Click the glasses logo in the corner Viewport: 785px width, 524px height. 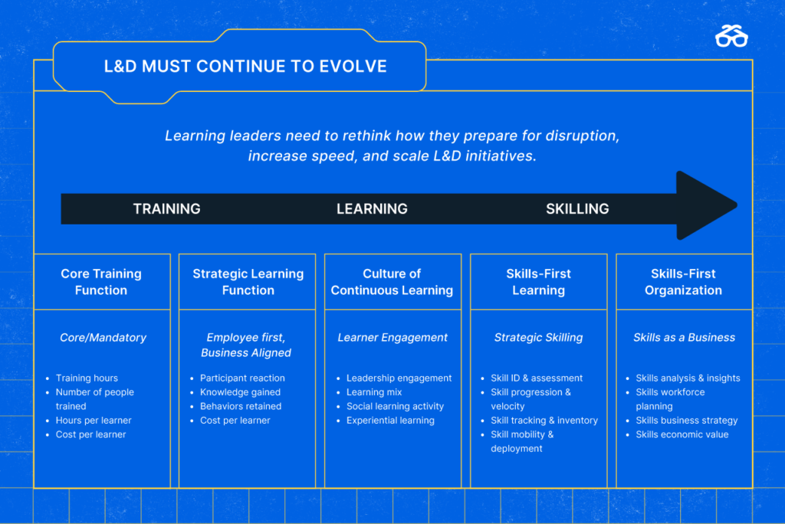point(731,36)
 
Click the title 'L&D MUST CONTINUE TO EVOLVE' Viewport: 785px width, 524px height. point(245,66)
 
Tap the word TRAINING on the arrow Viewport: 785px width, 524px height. point(166,208)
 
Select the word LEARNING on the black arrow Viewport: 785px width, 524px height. point(372,208)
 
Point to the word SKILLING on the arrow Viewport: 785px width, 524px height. point(577,208)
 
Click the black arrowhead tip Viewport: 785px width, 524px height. point(737,205)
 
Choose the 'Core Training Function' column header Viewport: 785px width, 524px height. point(101,282)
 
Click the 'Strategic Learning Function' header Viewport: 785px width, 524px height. point(248,282)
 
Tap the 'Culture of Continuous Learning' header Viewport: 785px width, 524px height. point(392,282)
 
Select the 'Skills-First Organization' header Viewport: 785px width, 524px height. point(683,282)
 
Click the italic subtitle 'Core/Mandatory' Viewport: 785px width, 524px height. point(103,338)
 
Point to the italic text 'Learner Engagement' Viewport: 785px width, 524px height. point(392,338)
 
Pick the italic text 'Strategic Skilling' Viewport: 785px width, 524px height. point(539,338)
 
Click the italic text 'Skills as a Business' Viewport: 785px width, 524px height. point(685,338)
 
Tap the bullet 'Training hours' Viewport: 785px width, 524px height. point(87,378)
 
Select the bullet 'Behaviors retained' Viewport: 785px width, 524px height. point(241,406)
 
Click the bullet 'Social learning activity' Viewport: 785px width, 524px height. point(395,406)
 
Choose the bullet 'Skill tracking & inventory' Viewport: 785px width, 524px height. point(544,421)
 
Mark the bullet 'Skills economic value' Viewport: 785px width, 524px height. point(682,434)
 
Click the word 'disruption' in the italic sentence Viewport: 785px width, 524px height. point(583,136)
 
